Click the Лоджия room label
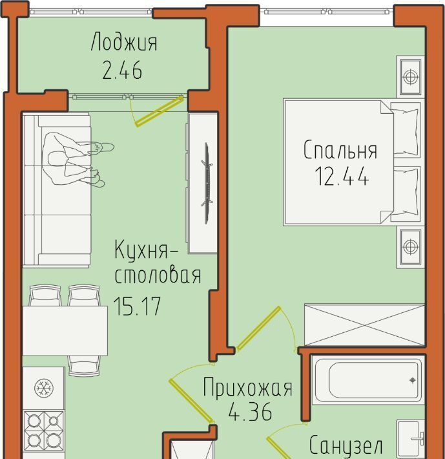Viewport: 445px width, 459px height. coord(124,43)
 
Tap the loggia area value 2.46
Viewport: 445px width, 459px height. coord(122,70)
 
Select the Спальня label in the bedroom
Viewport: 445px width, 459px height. coord(340,150)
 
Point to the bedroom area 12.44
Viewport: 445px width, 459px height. coord(341,176)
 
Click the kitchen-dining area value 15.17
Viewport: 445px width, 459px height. coord(137,306)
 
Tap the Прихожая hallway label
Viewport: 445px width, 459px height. coord(247,388)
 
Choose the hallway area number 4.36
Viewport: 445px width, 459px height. coord(250,411)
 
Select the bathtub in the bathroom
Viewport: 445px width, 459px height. coord(368,380)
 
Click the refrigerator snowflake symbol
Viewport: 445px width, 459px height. coord(44,388)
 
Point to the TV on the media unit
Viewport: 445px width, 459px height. coord(207,183)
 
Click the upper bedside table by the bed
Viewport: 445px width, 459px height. coord(411,77)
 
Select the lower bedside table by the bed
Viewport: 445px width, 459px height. coord(411,247)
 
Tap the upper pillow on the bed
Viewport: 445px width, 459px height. coord(406,130)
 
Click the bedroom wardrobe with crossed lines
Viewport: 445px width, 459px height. coord(364,325)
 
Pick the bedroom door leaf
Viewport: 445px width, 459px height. coord(258,328)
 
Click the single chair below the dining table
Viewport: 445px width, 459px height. coord(85,366)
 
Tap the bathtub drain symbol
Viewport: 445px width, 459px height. coord(413,380)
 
